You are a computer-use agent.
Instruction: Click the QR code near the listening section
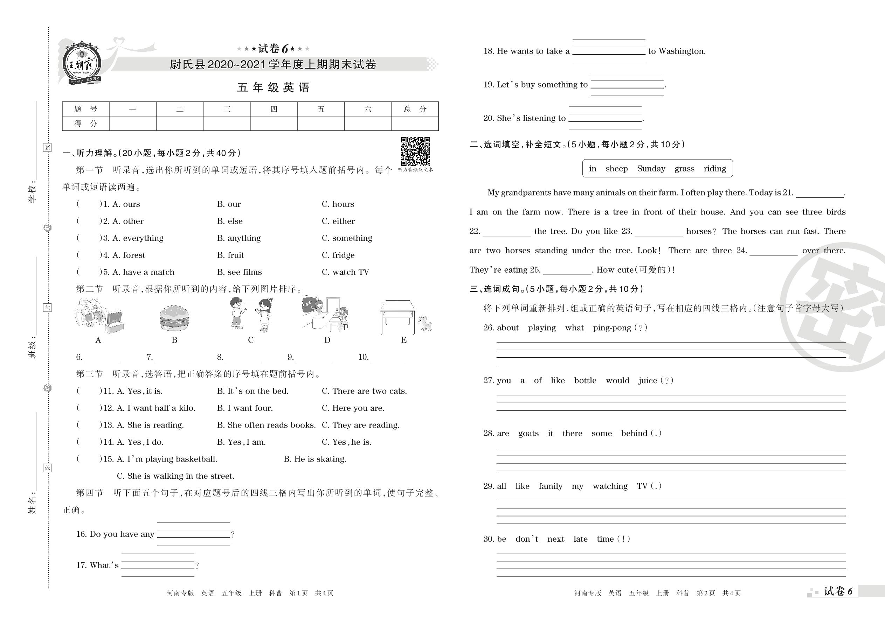(415, 151)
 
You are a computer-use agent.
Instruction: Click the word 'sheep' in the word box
(616, 168)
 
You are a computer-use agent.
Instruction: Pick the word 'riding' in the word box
(714, 168)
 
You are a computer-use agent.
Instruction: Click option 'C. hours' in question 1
(338, 204)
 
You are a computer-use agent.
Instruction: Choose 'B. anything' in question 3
(239, 238)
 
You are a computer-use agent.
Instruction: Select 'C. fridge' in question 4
(338, 255)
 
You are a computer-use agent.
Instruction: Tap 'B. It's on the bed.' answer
(253, 391)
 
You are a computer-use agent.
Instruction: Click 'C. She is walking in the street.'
(175, 476)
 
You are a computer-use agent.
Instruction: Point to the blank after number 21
(820, 194)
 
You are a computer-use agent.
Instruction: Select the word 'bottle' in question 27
(585, 380)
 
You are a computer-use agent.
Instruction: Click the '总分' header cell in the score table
(415, 109)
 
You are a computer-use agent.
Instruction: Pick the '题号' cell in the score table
(86, 109)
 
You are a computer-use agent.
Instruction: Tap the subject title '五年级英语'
(273, 87)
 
